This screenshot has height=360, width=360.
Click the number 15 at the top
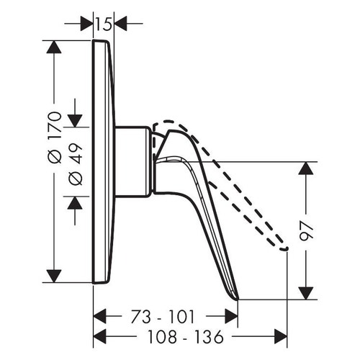click(x=104, y=24)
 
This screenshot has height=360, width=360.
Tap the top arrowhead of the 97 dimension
click(x=307, y=169)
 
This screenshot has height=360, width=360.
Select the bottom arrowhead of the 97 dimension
click(x=307, y=292)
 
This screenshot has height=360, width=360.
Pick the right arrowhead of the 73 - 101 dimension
click(x=230, y=316)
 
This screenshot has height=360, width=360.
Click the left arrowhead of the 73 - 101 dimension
click(x=102, y=316)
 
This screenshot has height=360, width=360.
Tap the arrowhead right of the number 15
click(x=120, y=24)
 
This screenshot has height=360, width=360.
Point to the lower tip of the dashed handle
click(x=285, y=248)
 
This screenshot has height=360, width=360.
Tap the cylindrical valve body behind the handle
click(x=133, y=161)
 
